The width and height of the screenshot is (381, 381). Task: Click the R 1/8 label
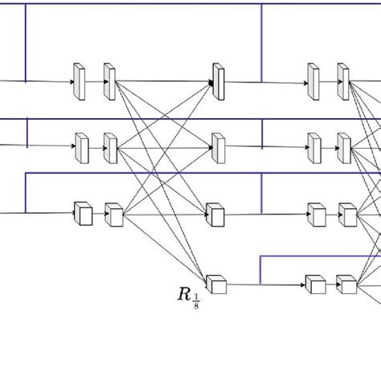pyautogui.click(x=188, y=293)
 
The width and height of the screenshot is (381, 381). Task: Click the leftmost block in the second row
pyautogui.click(x=80, y=146)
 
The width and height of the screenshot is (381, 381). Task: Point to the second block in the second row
pyautogui.click(x=110, y=146)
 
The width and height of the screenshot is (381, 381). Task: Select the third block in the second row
pyautogui.click(x=218, y=145)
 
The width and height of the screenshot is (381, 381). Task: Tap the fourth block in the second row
pyautogui.click(x=313, y=146)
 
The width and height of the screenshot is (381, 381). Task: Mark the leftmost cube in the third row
pyautogui.click(x=82, y=214)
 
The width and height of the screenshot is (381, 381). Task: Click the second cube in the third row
pyautogui.click(x=113, y=215)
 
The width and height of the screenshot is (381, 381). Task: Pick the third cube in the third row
pyautogui.click(x=215, y=214)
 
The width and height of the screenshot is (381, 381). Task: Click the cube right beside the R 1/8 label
pyautogui.click(x=215, y=284)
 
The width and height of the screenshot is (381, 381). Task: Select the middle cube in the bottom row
pyautogui.click(x=314, y=284)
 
